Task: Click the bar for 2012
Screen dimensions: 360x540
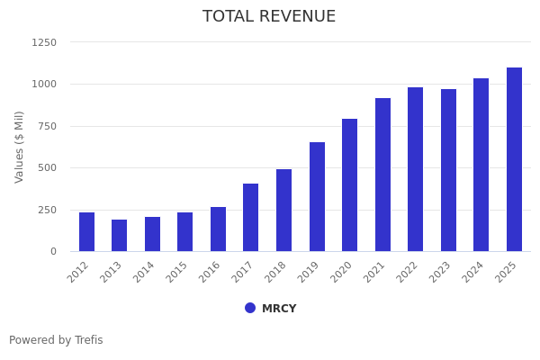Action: coord(86,232)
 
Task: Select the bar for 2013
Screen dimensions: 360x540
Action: coord(120,236)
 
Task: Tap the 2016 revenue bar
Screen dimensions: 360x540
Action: coord(218,229)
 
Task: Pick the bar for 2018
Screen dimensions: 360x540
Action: coord(283,211)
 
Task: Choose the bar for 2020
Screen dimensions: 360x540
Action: coord(349,185)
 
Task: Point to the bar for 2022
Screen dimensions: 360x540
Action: coord(415,169)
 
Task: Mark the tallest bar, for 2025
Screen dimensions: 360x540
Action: coord(514,159)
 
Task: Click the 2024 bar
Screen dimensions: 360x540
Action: coord(481,165)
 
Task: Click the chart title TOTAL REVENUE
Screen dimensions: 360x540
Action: coord(269,17)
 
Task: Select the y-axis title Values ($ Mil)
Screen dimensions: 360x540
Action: coord(20,147)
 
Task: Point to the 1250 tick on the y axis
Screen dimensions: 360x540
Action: coord(44,42)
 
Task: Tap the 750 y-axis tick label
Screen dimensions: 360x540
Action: coord(47,126)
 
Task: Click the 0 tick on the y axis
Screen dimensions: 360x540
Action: coord(53,252)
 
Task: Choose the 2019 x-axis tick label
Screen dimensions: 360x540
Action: coord(310,271)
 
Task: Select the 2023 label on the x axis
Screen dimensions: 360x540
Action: coord(442,271)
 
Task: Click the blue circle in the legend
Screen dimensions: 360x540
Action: coord(250,308)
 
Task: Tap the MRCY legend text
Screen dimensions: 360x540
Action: coord(279,309)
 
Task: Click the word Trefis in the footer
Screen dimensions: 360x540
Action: coord(88,340)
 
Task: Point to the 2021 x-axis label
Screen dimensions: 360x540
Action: coord(376,271)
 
